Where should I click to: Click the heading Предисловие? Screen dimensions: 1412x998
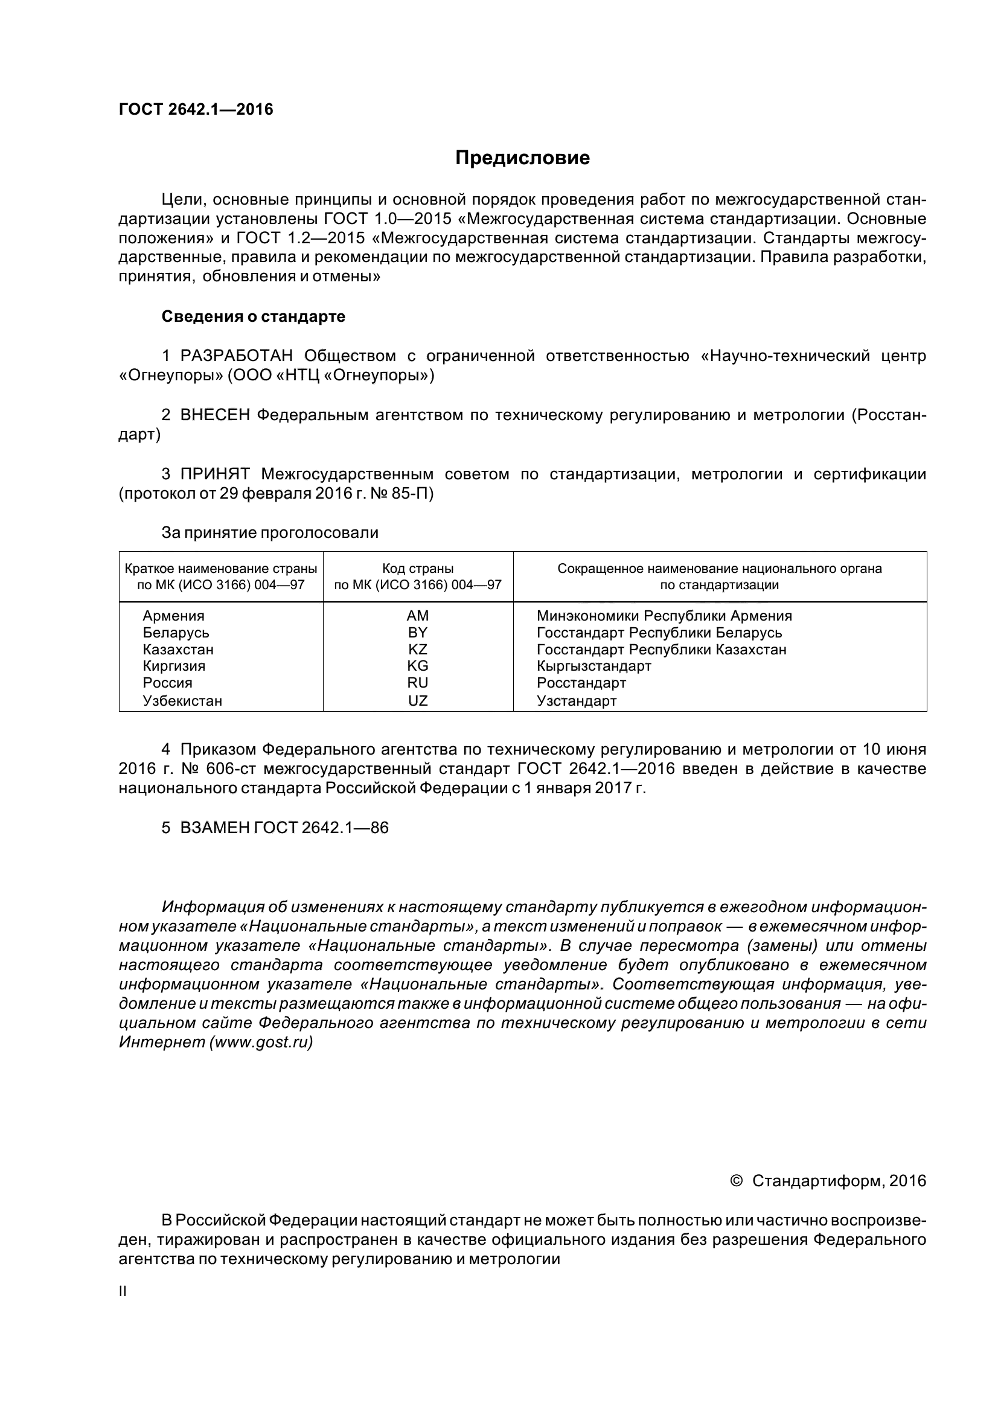click(x=522, y=158)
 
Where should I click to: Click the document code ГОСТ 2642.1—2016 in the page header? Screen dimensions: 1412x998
click(x=196, y=109)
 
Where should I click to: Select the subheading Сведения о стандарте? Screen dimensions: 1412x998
click(x=253, y=317)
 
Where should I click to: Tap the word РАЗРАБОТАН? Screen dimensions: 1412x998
click(x=237, y=356)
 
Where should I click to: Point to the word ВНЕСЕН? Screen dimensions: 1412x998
click(x=214, y=415)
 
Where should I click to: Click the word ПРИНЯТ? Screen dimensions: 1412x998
click(x=214, y=474)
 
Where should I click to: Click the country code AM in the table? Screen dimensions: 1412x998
click(x=418, y=616)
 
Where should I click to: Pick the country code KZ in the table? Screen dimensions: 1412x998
click(x=418, y=650)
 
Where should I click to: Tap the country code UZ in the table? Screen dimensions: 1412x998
click(x=418, y=700)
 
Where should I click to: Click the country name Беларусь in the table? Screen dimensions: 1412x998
click(x=176, y=633)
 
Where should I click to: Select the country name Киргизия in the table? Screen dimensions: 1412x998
click(x=174, y=666)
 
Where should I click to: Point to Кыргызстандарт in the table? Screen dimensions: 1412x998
click(x=593, y=666)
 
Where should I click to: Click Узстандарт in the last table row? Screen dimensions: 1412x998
click(x=576, y=700)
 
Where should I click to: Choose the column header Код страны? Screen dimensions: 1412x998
click(x=418, y=569)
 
